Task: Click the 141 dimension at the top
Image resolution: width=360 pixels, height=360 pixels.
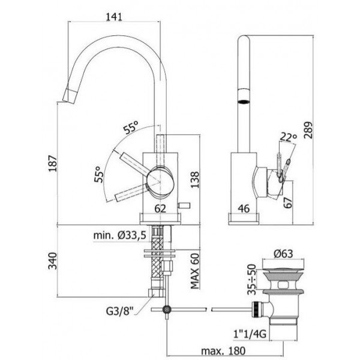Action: (114, 17)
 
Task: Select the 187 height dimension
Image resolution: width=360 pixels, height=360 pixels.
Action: (53, 163)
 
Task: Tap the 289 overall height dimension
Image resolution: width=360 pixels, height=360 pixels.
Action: (308, 130)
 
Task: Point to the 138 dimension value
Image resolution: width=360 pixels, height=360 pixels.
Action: (195, 179)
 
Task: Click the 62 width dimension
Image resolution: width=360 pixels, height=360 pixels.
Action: (160, 208)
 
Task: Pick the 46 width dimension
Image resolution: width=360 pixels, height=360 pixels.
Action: (244, 208)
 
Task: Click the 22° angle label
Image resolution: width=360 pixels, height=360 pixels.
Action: (289, 137)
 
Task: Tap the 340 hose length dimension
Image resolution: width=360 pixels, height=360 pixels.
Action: (53, 261)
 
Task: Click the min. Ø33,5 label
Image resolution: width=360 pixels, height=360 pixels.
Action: (119, 235)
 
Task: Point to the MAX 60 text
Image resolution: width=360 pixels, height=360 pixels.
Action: (194, 271)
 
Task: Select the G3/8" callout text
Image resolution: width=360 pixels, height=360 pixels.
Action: (119, 311)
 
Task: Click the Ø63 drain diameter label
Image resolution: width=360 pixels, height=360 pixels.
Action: (283, 254)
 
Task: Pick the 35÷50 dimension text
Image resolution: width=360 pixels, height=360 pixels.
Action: (251, 279)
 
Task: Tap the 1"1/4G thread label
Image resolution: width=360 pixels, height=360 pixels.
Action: (250, 334)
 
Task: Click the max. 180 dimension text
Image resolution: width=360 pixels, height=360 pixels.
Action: (223, 350)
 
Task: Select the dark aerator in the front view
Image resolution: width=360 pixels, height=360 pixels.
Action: (244, 101)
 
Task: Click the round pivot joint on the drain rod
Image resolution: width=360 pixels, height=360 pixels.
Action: (167, 310)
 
